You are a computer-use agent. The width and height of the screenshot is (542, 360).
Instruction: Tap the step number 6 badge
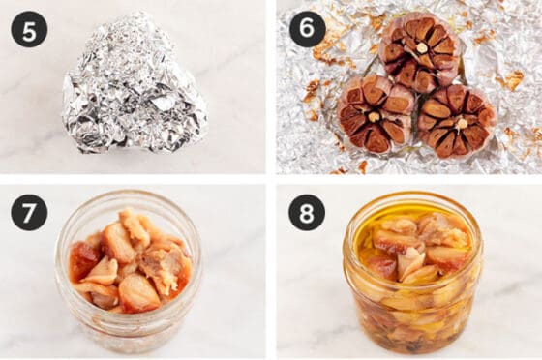point(308,29)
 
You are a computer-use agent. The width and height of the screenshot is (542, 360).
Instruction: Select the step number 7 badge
point(29,213)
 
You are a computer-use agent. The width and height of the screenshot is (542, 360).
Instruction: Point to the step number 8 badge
point(308,213)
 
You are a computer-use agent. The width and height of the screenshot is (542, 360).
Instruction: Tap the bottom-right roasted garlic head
point(457,121)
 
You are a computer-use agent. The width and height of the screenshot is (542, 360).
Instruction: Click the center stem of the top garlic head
point(421,47)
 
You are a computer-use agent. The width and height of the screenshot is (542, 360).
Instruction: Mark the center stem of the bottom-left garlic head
point(373,116)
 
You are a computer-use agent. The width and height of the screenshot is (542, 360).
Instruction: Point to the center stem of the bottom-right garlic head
point(460,122)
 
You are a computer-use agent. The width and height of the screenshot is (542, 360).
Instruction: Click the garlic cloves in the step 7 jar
point(130,261)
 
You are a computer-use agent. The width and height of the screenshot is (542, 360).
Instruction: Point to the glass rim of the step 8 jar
point(413,197)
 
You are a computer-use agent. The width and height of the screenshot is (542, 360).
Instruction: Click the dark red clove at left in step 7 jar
point(82,257)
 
